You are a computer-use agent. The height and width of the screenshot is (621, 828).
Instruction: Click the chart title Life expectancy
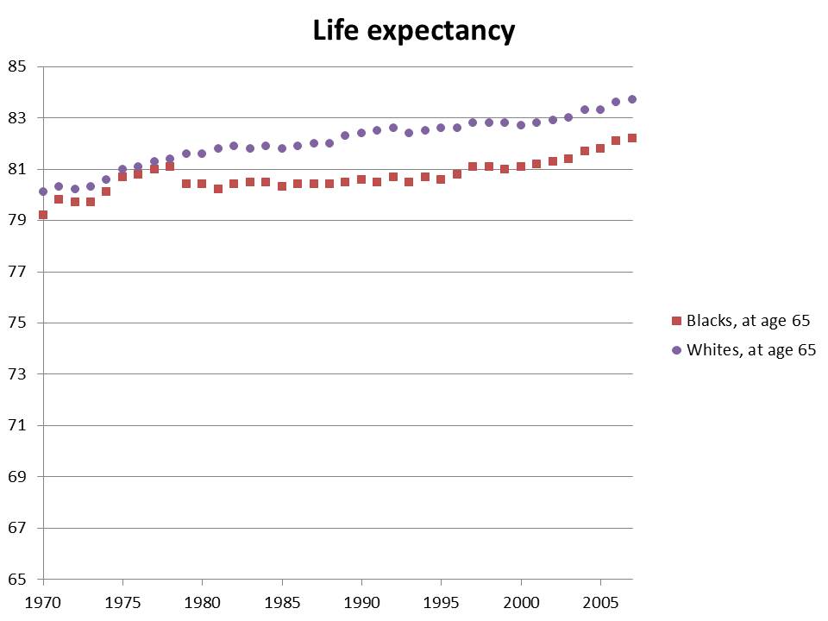pos(413,31)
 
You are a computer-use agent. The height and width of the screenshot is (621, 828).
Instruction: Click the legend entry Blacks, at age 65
pos(747,321)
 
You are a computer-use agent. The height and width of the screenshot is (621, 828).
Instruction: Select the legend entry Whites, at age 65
pos(749,350)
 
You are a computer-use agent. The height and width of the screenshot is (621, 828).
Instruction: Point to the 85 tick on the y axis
pos(18,66)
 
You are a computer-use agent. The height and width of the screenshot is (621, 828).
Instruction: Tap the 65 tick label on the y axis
pos(18,580)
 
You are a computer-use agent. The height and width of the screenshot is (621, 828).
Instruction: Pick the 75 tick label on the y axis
pos(18,323)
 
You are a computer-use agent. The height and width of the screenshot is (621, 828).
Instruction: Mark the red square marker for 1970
pos(43,215)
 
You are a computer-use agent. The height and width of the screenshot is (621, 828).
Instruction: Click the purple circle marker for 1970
pos(43,191)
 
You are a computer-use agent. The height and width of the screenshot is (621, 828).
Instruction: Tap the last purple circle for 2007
pos(632,99)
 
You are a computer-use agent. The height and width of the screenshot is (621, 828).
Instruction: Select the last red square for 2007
pos(632,138)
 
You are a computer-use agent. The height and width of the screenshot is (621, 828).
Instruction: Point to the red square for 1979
pos(186,184)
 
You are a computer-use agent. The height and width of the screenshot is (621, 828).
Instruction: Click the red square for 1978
pos(170,166)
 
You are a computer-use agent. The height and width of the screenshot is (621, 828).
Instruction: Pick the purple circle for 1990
pos(361,133)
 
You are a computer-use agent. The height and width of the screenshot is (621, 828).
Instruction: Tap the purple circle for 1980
pos(202,154)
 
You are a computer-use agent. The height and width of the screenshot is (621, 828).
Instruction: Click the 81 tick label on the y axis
pos(18,169)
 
